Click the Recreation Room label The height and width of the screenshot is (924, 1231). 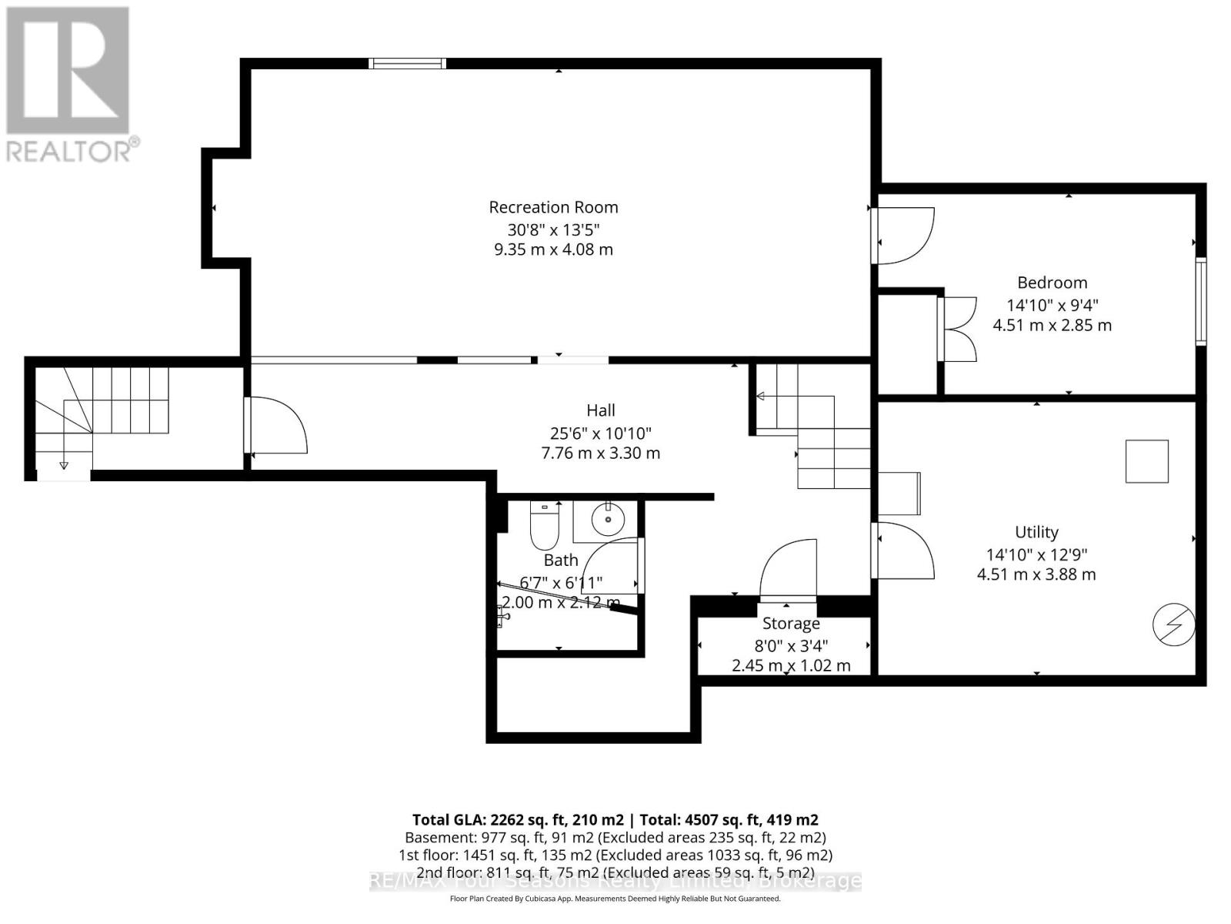coord(553,207)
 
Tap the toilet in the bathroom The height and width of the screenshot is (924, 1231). coord(544,524)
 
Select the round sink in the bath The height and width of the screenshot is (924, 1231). coord(609,518)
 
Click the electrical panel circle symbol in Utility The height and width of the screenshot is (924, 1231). coord(1173,624)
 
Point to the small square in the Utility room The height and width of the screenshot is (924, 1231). coord(1146,461)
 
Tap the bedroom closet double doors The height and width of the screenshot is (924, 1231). coord(958,329)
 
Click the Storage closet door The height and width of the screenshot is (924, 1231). coord(789,570)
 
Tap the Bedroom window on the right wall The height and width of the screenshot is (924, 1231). coord(1200,302)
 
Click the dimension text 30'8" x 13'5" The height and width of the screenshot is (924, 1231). coord(553,229)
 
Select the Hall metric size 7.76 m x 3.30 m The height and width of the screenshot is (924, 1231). coord(601,454)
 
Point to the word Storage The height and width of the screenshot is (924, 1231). coord(790,624)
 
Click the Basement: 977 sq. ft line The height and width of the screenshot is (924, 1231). coord(615,837)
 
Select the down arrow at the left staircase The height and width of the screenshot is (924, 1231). coord(64,464)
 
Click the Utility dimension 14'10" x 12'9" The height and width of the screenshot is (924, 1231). coord(1036,554)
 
